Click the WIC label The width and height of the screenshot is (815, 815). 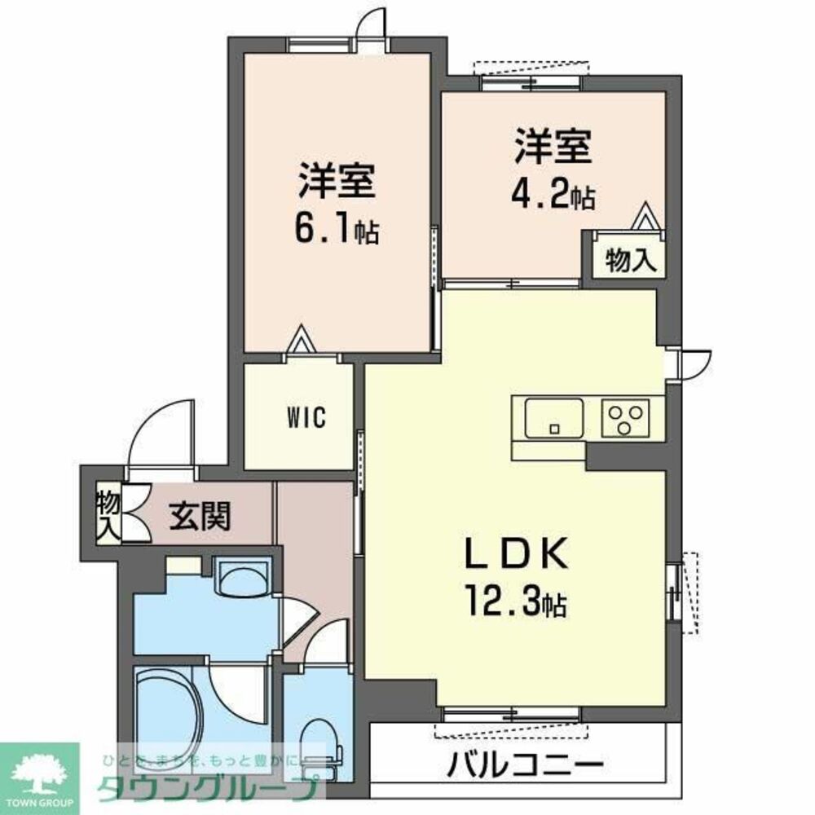coord(306,418)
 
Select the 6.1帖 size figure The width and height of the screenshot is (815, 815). coord(337,230)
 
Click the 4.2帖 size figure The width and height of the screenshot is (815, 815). coord(553,196)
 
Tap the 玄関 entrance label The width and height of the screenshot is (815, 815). coord(200,515)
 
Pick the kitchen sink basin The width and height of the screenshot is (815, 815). coord(553,417)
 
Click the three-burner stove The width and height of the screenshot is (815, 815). coord(625,418)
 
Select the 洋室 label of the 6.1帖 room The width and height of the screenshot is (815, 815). coord(337,181)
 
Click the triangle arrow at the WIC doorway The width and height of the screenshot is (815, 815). coord(301,337)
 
